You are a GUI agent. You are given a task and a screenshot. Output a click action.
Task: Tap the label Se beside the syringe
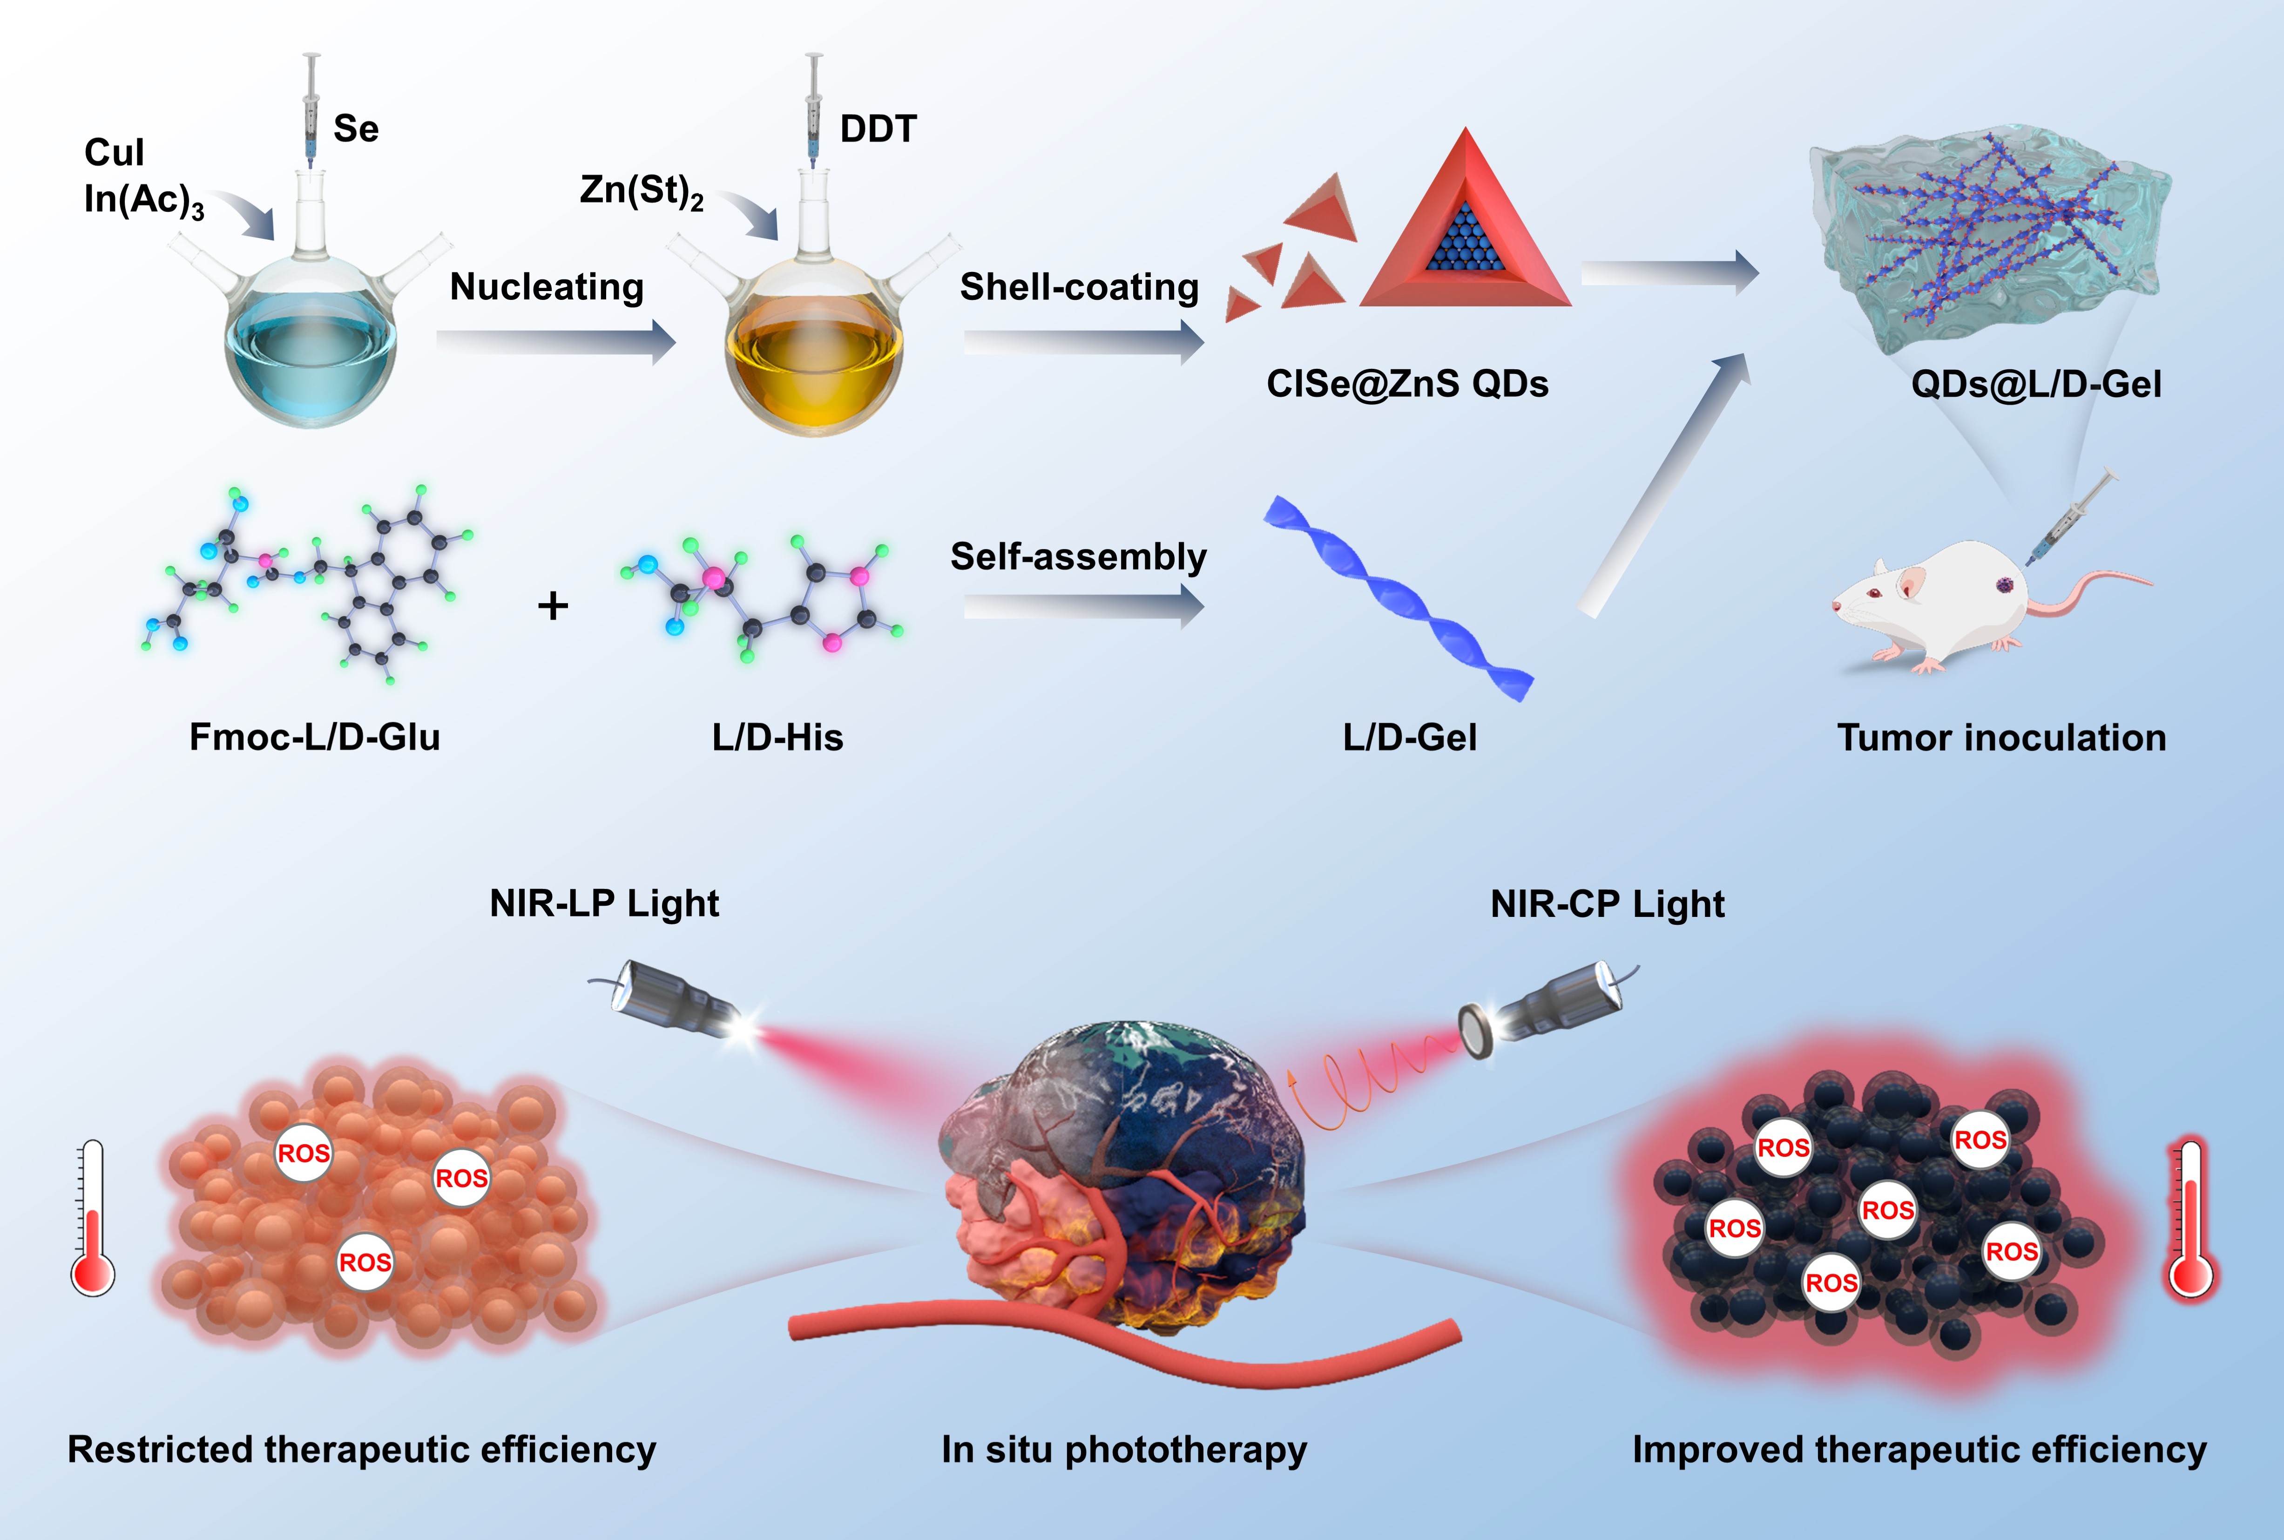point(356,129)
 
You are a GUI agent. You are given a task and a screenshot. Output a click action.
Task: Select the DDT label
point(878,129)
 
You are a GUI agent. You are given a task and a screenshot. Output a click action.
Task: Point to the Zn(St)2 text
point(641,190)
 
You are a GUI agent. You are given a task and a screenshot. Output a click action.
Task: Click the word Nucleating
point(547,287)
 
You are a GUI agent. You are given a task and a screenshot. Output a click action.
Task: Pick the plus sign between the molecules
point(553,605)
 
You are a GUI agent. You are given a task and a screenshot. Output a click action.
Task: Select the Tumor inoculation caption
point(2001,738)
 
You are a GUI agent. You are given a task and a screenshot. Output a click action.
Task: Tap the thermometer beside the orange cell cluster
point(93,1218)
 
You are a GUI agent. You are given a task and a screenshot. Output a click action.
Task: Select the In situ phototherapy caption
point(1124,1450)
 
